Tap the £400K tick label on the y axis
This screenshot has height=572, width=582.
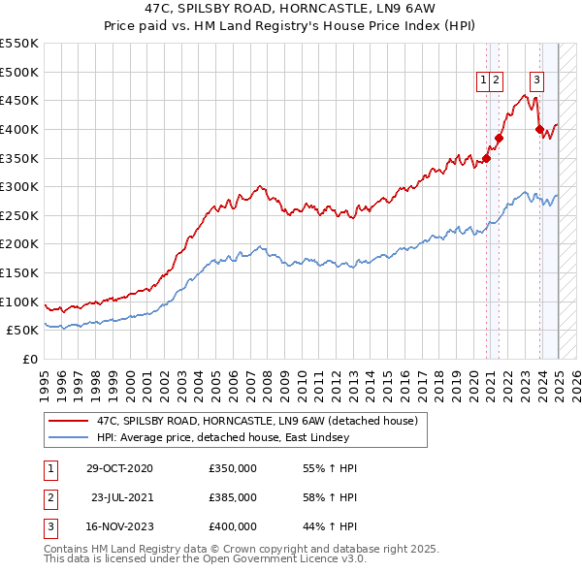click(x=20, y=129)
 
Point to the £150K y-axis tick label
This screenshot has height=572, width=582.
click(x=20, y=272)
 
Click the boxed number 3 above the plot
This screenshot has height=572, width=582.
click(x=536, y=81)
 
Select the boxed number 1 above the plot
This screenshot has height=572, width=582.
click(x=482, y=81)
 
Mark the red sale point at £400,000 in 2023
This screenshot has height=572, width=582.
click(x=539, y=129)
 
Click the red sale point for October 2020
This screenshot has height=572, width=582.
click(x=487, y=158)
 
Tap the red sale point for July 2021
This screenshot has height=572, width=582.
click(x=499, y=138)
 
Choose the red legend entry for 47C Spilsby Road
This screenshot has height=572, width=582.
click(x=257, y=421)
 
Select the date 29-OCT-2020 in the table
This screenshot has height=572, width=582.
click(x=119, y=468)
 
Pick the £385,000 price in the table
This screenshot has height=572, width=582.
click(x=233, y=497)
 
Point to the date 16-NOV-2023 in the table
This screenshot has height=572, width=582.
click(x=119, y=526)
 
